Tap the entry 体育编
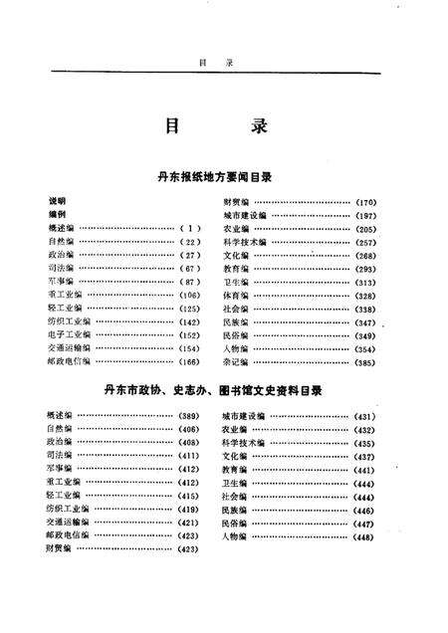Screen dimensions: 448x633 [236, 295]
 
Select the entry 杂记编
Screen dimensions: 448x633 [236, 362]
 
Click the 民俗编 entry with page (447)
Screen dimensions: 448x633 [236, 522]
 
